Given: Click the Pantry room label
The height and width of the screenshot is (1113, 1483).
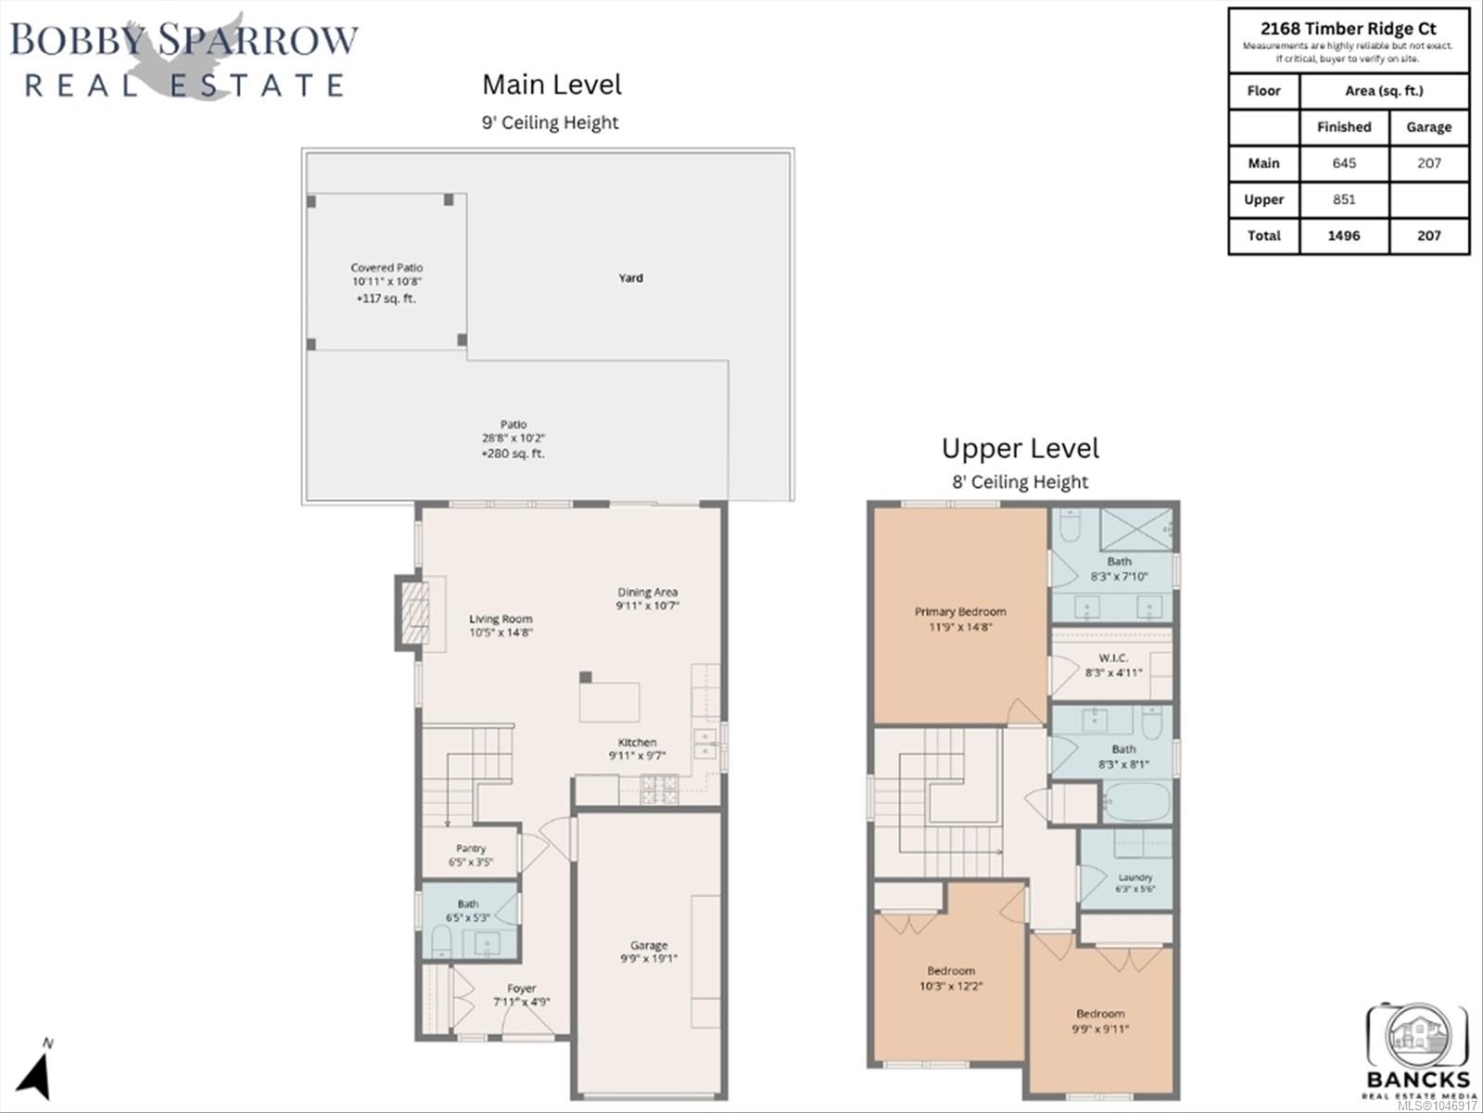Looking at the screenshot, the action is pyautogui.click(x=471, y=848).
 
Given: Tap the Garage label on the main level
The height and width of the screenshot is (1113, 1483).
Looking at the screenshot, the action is pyautogui.click(x=649, y=945).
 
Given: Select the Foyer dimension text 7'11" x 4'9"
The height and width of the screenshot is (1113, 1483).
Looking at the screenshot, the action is pyautogui.click(x=522, y=1002).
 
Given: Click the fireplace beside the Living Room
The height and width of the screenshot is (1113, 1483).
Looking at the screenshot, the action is pyautogui.click(x=415, y=613).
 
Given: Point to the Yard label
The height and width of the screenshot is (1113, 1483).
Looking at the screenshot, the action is pyautogui.click(x=631, y=277).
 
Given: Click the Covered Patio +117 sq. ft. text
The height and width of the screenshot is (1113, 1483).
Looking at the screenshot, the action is pyautogui.click(x=386, y=298).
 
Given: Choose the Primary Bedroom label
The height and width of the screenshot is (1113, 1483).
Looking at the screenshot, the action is pyautogui.click(x=960, y=611).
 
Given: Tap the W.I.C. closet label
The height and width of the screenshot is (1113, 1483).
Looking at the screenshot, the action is pyautogui.click(x=1113, y=658).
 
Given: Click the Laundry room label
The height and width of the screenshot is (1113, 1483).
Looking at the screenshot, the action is pyautogui.click(x=1135, y=877).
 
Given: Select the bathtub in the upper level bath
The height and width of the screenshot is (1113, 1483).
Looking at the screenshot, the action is pyautogui.click(x=1136, y=801).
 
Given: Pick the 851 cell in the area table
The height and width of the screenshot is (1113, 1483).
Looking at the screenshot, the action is pyautogui.click(x=1344, y=199).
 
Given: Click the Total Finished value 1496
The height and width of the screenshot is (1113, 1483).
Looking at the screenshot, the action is pyautogui.click(x=1344, y=236).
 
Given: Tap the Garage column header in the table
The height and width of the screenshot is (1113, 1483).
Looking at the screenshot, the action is pyautogui.click(x=1429, y=127).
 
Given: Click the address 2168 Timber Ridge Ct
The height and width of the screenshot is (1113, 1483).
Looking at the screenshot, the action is pyautogui.click(x=1349, y=29).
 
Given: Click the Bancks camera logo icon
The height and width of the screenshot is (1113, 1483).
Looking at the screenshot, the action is pyautogui.click(x=1417, y=1034).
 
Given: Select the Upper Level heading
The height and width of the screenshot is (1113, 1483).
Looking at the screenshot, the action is pyautogui.click(x=1020, y=449).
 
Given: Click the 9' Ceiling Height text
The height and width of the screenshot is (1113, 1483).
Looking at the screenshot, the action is pyautogui.click(x=550, y=122).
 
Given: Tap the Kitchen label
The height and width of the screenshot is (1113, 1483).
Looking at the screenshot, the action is pyautogui.click(x=637, y=742).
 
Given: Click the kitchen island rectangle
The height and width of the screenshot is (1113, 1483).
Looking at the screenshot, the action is pyautogui.click(x=609, y=702).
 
